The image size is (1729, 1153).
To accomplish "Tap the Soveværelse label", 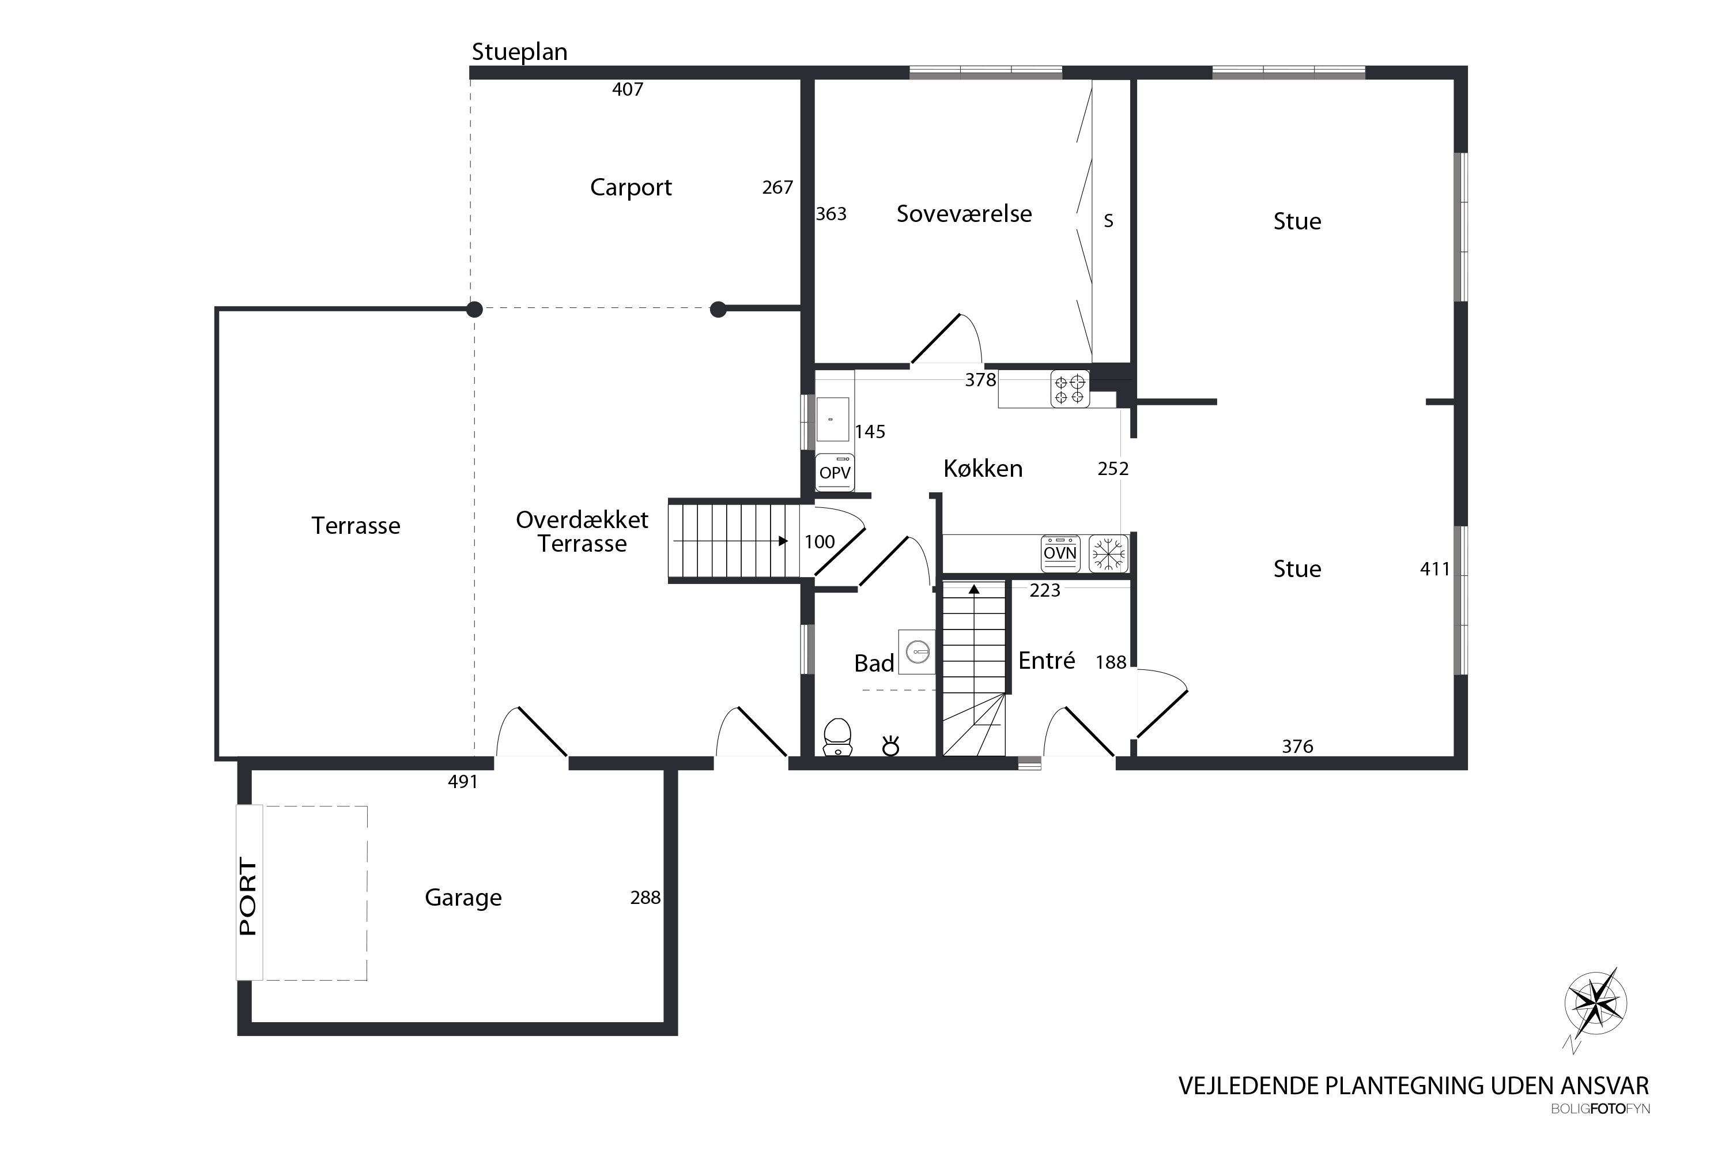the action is (964, 214).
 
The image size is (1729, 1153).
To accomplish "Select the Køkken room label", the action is (983, 468).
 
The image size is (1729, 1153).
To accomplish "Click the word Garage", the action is (463, 898).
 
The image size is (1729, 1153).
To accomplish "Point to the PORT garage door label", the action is (248, 896).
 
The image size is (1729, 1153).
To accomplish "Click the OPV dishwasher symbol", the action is (835, 472).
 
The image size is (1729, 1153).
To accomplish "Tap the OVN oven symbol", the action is (1060, 553).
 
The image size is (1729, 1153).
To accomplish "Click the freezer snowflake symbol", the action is (1108, 553).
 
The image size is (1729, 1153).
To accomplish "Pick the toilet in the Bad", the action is (837, 737).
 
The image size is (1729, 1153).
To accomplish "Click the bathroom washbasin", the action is (917, 651).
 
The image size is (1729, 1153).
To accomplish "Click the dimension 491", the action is (463, 782).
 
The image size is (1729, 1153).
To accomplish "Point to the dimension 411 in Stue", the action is (1434, 569).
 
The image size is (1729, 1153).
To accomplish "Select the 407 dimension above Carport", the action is (628, 90).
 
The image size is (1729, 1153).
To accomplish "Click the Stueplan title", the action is (519, 53).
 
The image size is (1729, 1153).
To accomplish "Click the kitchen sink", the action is (833, 419).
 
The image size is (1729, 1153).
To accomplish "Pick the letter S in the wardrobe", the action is (1108, 221).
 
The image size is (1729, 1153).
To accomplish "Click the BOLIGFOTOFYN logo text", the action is (1600, 1109).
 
